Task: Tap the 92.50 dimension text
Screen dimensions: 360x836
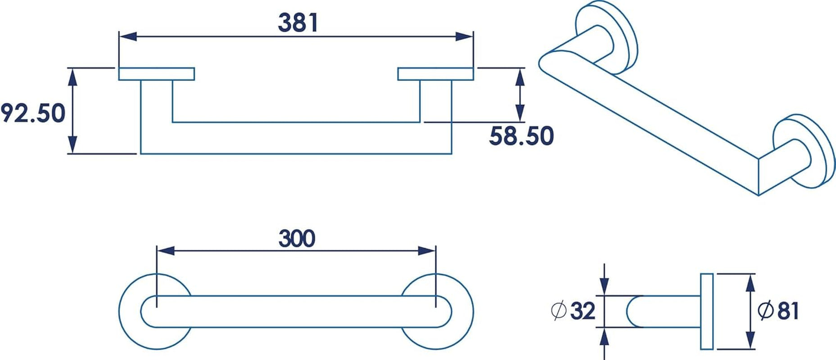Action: click(x=33, y=113)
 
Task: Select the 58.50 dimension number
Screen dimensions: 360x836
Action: click(x=521, y=136)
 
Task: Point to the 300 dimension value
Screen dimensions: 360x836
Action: click(x=297, y=238)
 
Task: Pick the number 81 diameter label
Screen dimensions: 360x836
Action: click(x=787, y=311)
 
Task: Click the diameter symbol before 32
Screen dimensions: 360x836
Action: click(x=559, y=311)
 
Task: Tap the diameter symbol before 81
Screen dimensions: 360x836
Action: click(x=766, y=311)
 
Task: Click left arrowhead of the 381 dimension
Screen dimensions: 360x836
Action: click(x=127, y=36)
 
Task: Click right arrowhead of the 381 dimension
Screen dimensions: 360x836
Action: click(x=464, y=36)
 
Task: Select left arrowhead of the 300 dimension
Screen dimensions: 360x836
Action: click(x=165, y=251)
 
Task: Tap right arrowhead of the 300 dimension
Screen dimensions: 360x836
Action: click(x=427, y=251)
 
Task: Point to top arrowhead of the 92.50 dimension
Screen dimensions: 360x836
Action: click(x=72, y=77)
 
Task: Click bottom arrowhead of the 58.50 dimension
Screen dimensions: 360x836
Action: click(x=520, y=113)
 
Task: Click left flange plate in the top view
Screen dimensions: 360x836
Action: click(x=156, y=74)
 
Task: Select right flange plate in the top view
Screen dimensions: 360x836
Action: click(x=435, y=74)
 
